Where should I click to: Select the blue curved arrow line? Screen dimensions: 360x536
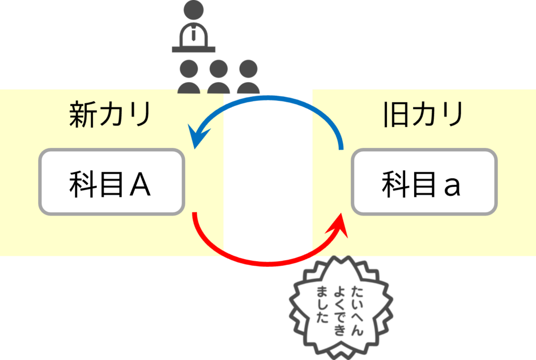click(272, 98)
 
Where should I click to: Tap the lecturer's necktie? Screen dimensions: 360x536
click(194, 34)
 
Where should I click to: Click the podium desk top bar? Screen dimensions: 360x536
click(194, 49)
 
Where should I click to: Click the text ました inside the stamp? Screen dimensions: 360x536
click(321, 304)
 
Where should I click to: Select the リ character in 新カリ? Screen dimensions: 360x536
click(139, 115)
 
